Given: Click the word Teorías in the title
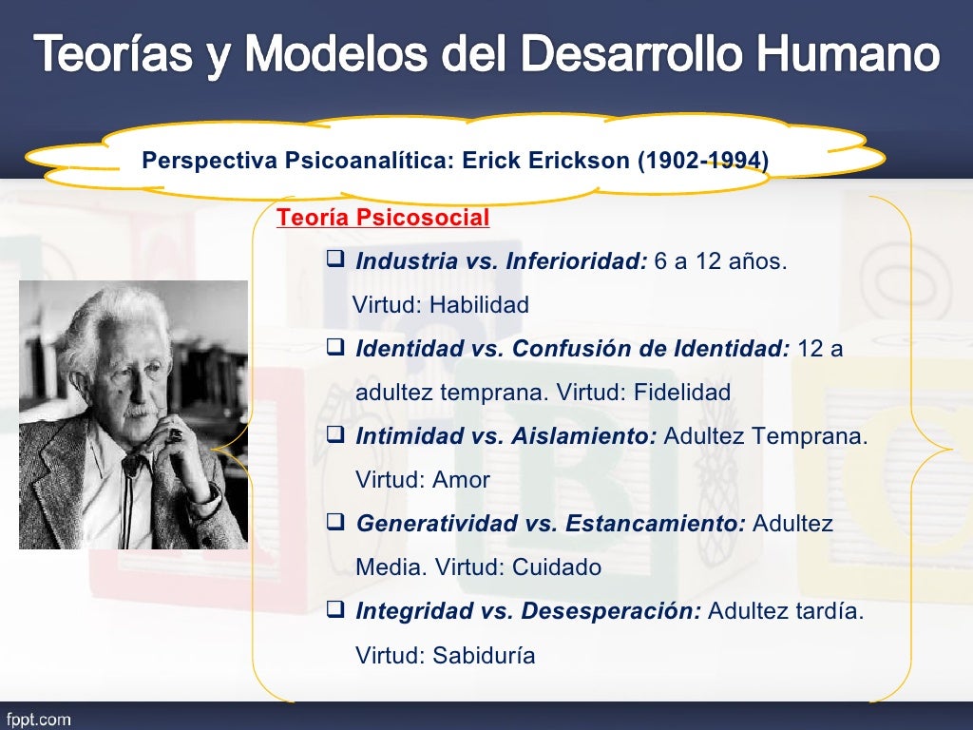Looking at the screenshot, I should point(109,55).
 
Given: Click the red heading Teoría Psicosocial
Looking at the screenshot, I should point(383,219).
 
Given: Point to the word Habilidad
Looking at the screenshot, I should point(479,306).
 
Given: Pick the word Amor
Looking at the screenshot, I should point(461,480).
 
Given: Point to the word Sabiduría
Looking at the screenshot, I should point(484,655).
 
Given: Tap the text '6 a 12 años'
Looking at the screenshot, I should point(720,261).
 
